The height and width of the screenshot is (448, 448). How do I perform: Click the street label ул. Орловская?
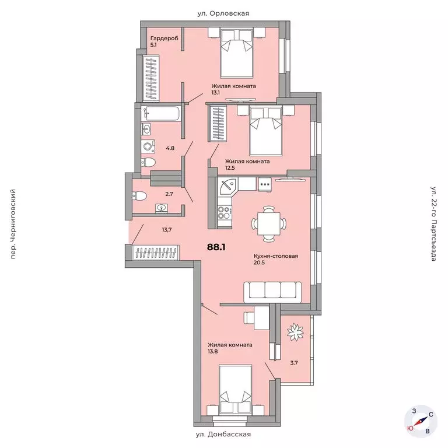coord(223,13)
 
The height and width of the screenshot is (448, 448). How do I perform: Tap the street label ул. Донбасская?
coord(223,435)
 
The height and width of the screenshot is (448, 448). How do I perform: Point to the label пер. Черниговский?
coord(13,224)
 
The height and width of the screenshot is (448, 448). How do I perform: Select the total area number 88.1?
coord(216,247)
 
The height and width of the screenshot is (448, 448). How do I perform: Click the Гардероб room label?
coord(164,38)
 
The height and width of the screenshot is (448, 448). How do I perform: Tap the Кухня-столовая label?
coord(276,256)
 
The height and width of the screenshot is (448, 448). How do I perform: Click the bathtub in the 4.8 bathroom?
coord(161,114)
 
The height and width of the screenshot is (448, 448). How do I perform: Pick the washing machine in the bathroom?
coord(148,146)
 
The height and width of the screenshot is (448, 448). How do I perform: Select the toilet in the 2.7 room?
coord(139,196)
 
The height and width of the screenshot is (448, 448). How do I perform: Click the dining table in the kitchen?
coord(268,223)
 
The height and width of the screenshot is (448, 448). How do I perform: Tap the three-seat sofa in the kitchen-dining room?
coord(272,292)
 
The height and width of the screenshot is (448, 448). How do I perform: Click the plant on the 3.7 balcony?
coord(295,332)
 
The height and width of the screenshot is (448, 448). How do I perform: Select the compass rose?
coord(421,421)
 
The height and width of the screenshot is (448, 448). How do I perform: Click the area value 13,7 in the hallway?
coord(167,229)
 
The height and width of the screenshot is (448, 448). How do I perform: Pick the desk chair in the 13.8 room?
coord(249,317)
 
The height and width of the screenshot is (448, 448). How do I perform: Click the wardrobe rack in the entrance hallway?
coord(156,253)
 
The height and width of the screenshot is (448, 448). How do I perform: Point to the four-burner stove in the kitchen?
coord(225,212)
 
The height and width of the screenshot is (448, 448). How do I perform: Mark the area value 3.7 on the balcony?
coord(294,363)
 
